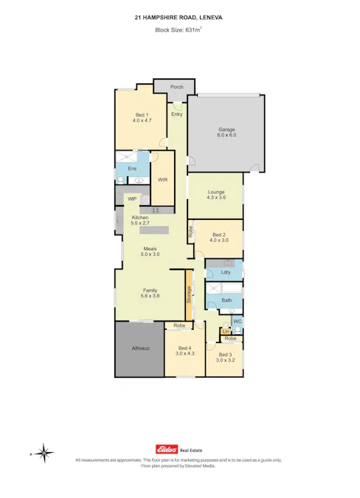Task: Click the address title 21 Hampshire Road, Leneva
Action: [180, 17]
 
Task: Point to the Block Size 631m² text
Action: [180, 30]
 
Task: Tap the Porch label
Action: [176, 87]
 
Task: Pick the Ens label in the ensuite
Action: [132, 169]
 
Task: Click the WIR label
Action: [162, 180]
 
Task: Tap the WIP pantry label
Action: [132, 198]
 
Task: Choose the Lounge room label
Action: [215, 194]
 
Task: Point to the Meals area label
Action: [150, 251]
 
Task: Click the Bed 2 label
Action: [219, 237]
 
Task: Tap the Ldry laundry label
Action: [226, 273]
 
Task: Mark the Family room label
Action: [150, 294]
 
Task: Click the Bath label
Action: [226, 300]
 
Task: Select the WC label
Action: [237, 322]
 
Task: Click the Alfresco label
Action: [140, 348]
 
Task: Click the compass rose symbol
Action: [46, 452]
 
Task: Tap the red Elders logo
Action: [165, 449]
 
